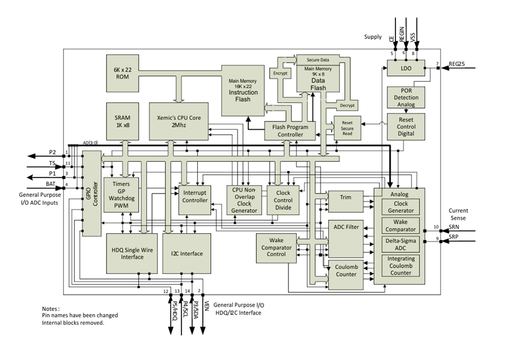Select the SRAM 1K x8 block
[123, 121]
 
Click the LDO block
[405, 69]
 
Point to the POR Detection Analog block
[405, 97]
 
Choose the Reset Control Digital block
[405, 126]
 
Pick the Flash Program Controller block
[290, 131]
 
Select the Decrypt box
[347, 105]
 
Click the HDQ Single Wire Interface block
[132, 254]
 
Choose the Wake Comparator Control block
[276, 247]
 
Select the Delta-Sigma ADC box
[401, 244]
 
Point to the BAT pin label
[51, 184]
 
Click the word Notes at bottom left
[51, 309]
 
